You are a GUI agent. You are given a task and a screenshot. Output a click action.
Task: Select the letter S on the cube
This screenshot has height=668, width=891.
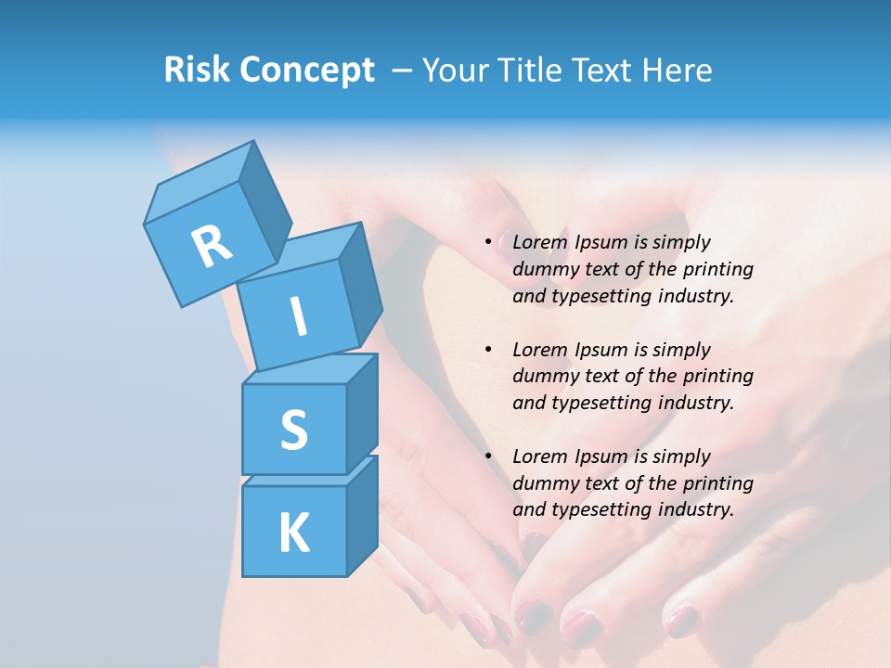293,430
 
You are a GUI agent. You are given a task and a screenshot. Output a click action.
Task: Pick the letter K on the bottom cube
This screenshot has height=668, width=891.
293,533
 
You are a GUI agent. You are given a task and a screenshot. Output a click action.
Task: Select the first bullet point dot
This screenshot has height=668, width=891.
489,242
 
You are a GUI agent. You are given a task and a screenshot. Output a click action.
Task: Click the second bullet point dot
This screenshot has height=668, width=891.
489,350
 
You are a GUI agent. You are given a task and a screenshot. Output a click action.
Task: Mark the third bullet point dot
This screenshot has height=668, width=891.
489,456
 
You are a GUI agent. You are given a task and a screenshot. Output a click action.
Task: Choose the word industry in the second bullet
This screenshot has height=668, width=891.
695,403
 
